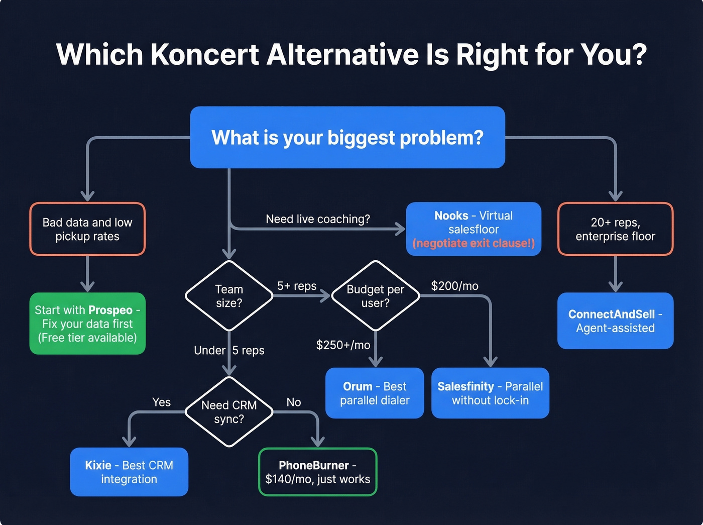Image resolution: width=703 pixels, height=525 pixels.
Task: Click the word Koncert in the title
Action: [204, 54]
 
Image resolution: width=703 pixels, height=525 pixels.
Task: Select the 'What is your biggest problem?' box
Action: [347, 137]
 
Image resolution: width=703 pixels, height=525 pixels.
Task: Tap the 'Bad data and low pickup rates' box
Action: [87, 229]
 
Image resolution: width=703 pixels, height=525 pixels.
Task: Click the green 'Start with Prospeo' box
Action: [87, 324]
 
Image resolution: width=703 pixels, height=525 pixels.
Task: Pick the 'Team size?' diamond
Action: [229, 296]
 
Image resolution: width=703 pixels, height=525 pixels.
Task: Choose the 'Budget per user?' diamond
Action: [375, 296]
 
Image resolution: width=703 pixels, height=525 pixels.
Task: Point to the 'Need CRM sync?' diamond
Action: [229, 412]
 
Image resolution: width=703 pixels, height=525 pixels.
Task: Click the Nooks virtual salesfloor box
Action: [474, 223]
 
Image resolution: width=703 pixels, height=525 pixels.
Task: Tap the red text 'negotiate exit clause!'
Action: [474, 244]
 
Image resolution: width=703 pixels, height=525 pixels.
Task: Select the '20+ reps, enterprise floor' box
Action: [615, 229]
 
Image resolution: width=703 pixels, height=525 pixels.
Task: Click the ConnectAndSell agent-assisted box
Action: [615, 321]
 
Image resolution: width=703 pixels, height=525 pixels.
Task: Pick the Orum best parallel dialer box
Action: [375, 393]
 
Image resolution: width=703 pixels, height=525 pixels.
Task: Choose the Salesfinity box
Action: [490, 393]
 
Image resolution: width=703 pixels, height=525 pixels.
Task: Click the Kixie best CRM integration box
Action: [129, 472]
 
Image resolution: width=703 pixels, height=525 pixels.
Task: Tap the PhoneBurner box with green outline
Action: [317, 472]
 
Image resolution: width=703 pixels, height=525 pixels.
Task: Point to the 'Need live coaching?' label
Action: [318, 219]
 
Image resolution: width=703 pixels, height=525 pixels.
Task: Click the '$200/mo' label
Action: [454, 286]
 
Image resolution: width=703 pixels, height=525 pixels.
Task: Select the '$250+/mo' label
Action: [343, 345]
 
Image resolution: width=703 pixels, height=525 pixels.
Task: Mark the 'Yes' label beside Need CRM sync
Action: [161, 402]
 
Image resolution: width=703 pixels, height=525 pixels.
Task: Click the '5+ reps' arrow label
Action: [297, 286]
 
